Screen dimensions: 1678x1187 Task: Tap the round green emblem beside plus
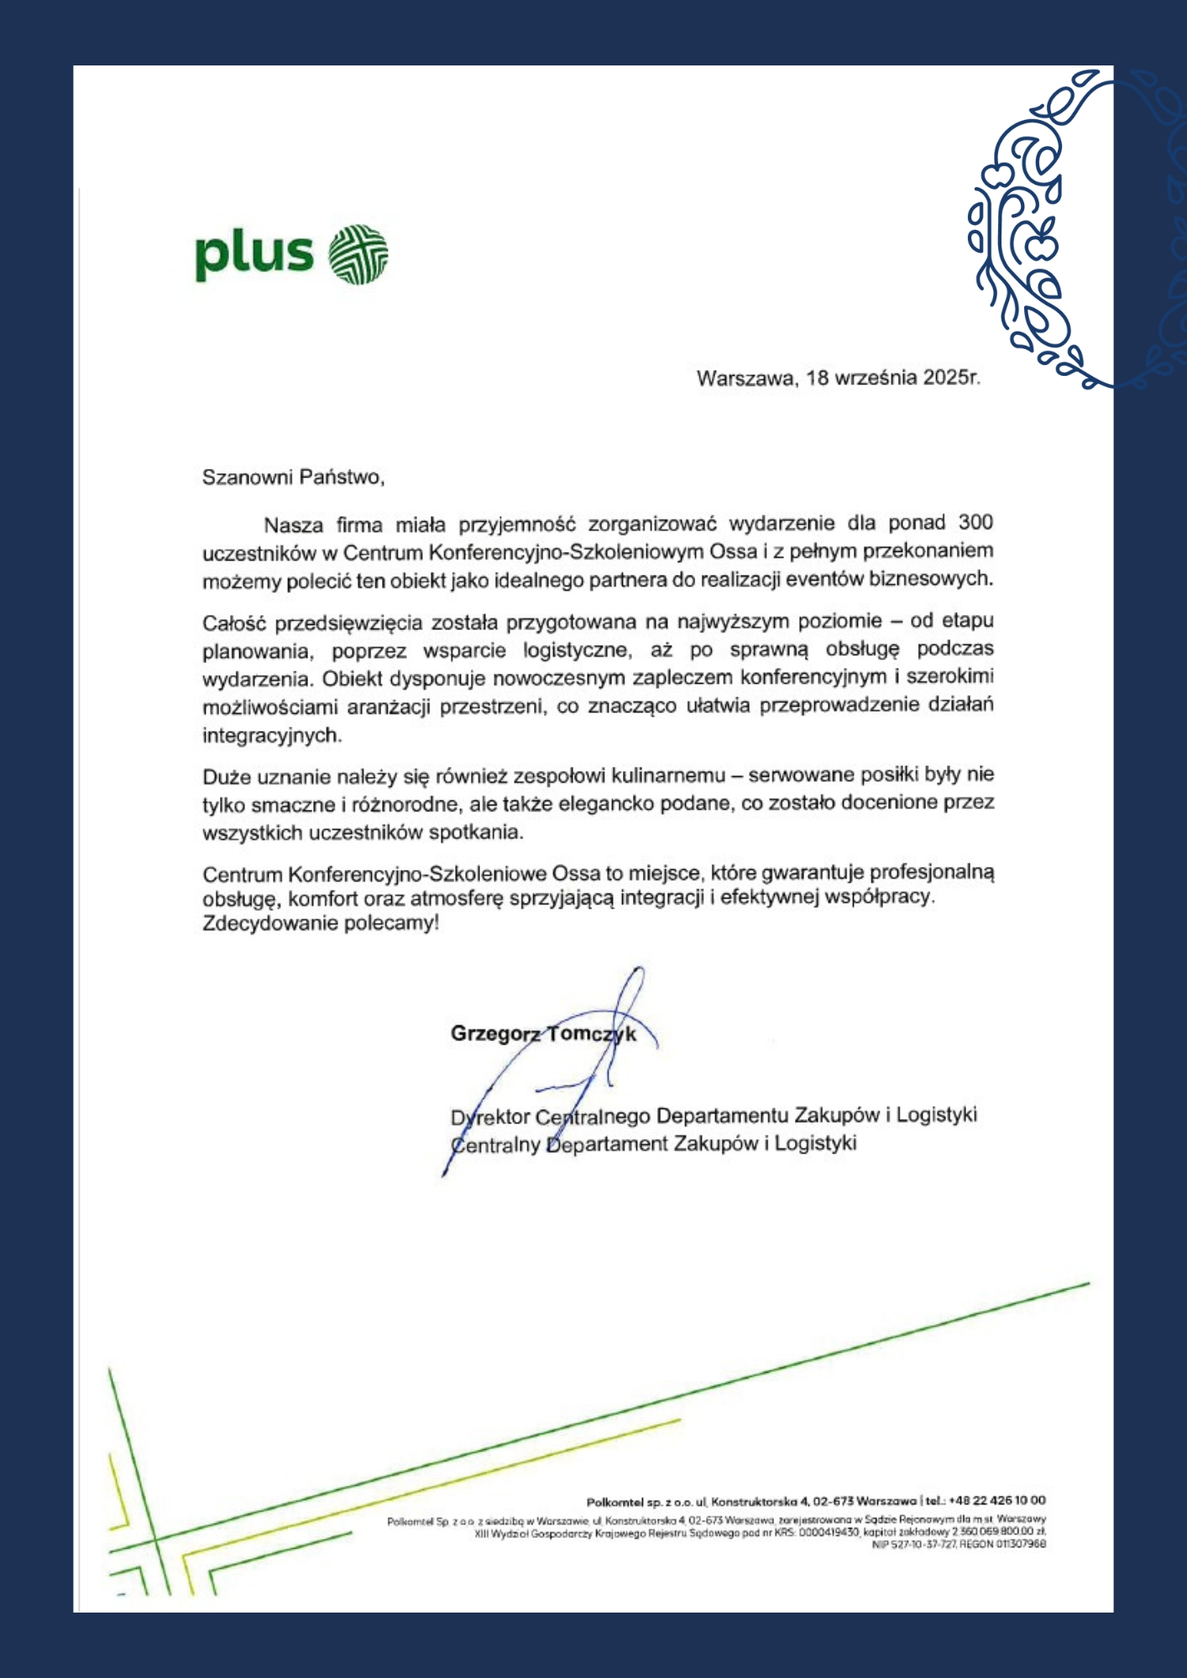[358, 254]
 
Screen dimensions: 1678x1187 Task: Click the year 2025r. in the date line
[951, 378]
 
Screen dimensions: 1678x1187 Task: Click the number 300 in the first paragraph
[975, 523]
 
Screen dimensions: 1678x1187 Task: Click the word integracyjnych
[272, 736]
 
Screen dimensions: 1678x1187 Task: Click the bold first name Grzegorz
[495, 1034]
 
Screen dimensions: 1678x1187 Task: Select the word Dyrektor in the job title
[490, 1118]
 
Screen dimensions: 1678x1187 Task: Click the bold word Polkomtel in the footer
[614, 1501]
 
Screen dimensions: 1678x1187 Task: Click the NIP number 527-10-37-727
[922, 1544]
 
